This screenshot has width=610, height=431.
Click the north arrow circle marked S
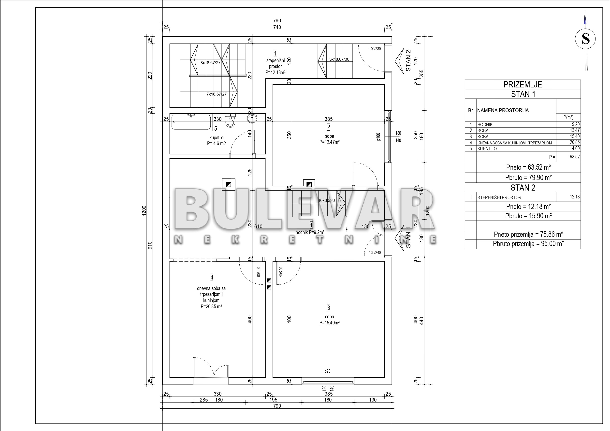(x=585, y=39)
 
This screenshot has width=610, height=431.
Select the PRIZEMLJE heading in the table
(x=523, y=84)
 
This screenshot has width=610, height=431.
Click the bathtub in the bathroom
(x=191, y=122)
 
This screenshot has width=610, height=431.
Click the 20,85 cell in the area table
(x=575, y=142)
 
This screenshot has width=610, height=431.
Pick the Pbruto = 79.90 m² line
(x=528, y=177)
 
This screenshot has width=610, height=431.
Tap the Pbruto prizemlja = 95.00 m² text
(x=528, y=244)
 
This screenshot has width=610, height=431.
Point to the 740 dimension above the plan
(x=277, y=27)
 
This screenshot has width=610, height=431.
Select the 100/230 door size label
(x=375, y=49)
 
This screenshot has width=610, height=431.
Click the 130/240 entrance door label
(x=375, y=252)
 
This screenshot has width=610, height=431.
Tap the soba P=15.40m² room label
(x=329, y=320)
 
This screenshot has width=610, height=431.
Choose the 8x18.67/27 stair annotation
(x=210, y=63)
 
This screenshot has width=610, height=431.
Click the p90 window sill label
(x=327, y=371)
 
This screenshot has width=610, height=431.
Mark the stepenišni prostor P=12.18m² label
(x=275, y=66)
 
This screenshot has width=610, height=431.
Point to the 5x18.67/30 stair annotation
(x=339, y=59)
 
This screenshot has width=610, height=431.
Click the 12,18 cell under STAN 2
(x=575, y=197)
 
